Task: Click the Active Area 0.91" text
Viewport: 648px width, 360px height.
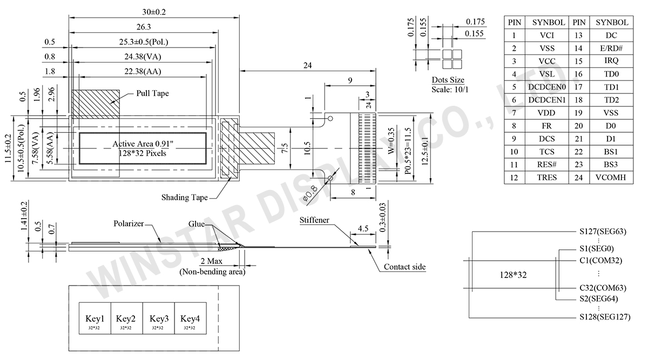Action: (x=142, y=144)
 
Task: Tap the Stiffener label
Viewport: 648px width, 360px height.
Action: (x=315, y=220)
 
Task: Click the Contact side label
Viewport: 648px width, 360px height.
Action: (x=404, y=267)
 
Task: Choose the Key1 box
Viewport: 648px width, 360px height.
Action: (x=95, y=318)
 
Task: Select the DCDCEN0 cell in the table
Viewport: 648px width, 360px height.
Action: (x=547, y=87)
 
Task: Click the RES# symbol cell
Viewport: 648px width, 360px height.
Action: (x=547, y=165)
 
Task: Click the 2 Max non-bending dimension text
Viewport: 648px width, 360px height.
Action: (x=212, y=262)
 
